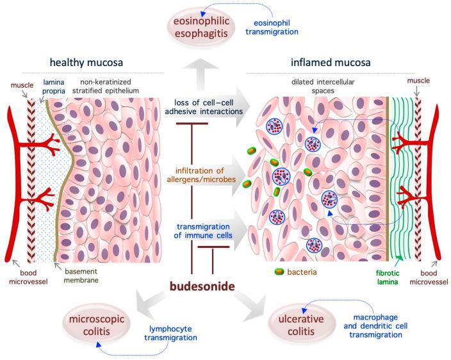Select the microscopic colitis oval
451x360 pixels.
(99, 323)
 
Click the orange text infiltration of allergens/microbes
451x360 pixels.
(211, 175)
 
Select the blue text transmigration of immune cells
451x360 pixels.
(209, 229)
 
